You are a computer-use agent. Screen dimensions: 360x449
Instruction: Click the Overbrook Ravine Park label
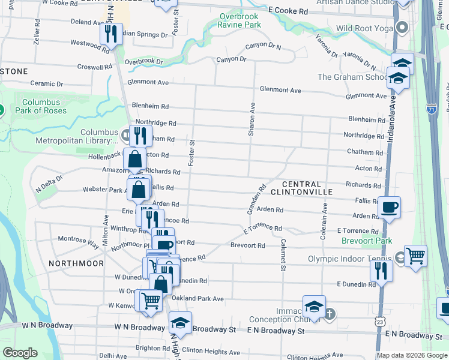coord(240,21)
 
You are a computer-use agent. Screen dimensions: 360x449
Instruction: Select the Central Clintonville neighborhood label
coord(301,188)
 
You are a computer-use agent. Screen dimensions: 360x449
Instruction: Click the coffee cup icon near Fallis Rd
coord(389,208)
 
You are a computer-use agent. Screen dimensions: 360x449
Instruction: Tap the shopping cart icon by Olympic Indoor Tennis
coord(415,256)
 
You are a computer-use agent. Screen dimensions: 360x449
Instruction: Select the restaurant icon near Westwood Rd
coord(111,34)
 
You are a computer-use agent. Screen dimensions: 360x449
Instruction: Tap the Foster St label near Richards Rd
coord(192,153)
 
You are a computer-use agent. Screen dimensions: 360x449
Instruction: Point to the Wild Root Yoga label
coord(366,28)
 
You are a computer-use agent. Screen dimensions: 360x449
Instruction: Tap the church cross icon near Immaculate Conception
coord(331,313)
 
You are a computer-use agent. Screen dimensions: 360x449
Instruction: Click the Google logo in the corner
coord(20,353)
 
